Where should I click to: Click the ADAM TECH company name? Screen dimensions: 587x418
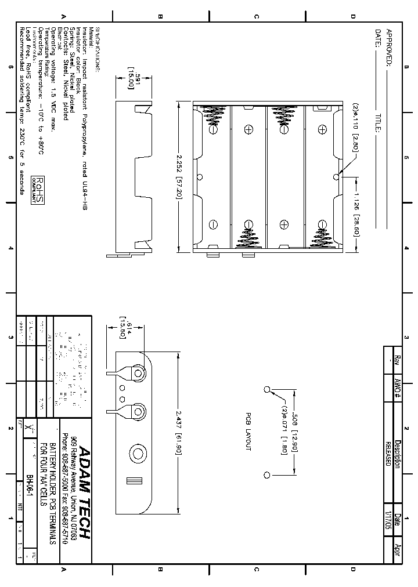(x=84, y=492)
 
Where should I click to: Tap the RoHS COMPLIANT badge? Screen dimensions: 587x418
(x=38, y=190)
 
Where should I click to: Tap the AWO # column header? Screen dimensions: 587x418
(x=398, y=390)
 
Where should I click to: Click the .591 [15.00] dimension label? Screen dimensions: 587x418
(x=131, y=77)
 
